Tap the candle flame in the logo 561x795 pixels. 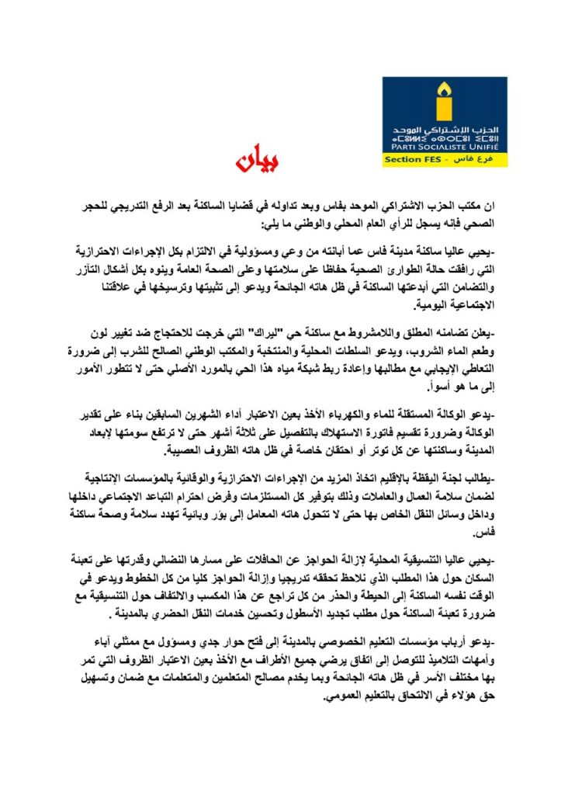tap(444, 90)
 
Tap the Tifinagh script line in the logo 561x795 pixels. tap(444, 137)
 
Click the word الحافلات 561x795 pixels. tap(294, 557)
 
